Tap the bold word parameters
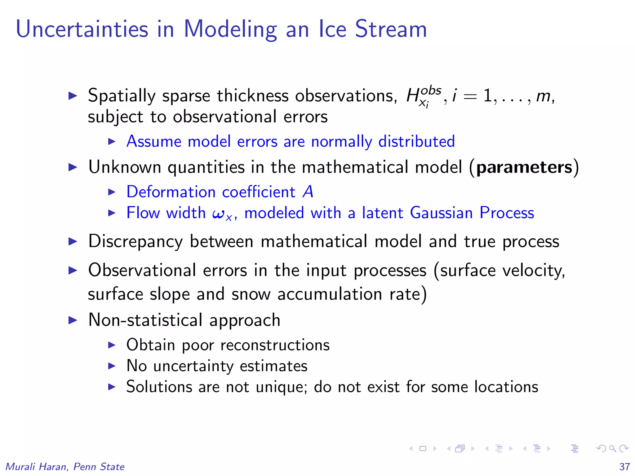(524, 167)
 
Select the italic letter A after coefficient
(308, 192)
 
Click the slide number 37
(624, 467)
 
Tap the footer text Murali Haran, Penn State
(65, 467)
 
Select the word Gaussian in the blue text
(441, 213)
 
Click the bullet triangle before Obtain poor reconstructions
(112, 345)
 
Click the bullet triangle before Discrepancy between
(73, 241)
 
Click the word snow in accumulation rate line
(251, 294)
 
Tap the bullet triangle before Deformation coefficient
(112, 192)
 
